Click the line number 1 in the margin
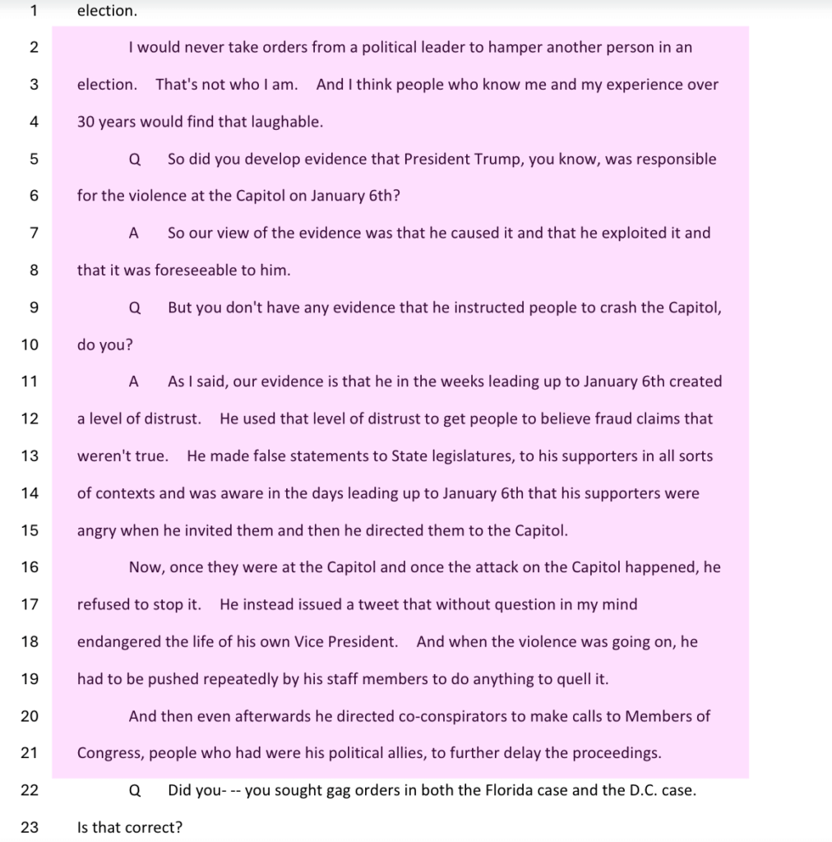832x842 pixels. point(34,11)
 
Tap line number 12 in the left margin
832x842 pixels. point(30,419)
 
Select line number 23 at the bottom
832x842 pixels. point(30,827)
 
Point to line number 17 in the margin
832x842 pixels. point(30,604)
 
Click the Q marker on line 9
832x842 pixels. point(135,308)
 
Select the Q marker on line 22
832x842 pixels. point(135,790)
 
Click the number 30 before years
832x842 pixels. point(86,122)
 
